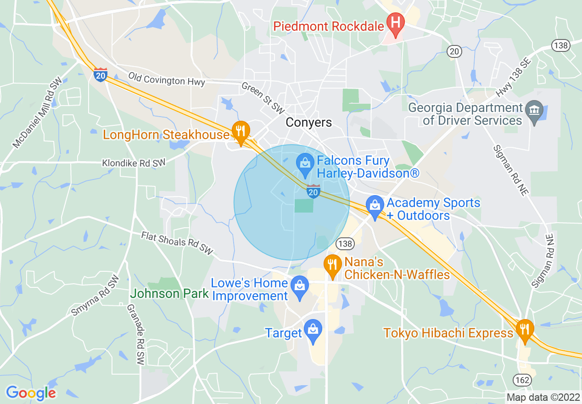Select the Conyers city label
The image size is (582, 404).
point(308,123)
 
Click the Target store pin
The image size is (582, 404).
point(313,330)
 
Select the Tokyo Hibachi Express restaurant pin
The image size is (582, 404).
point(524,330)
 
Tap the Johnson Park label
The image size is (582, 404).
point(169,293)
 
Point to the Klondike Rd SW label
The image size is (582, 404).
point(134,163)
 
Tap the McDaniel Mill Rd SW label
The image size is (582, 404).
point(37,112)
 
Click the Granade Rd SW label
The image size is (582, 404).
point(138,334)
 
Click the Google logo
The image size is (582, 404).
point(31,393)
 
